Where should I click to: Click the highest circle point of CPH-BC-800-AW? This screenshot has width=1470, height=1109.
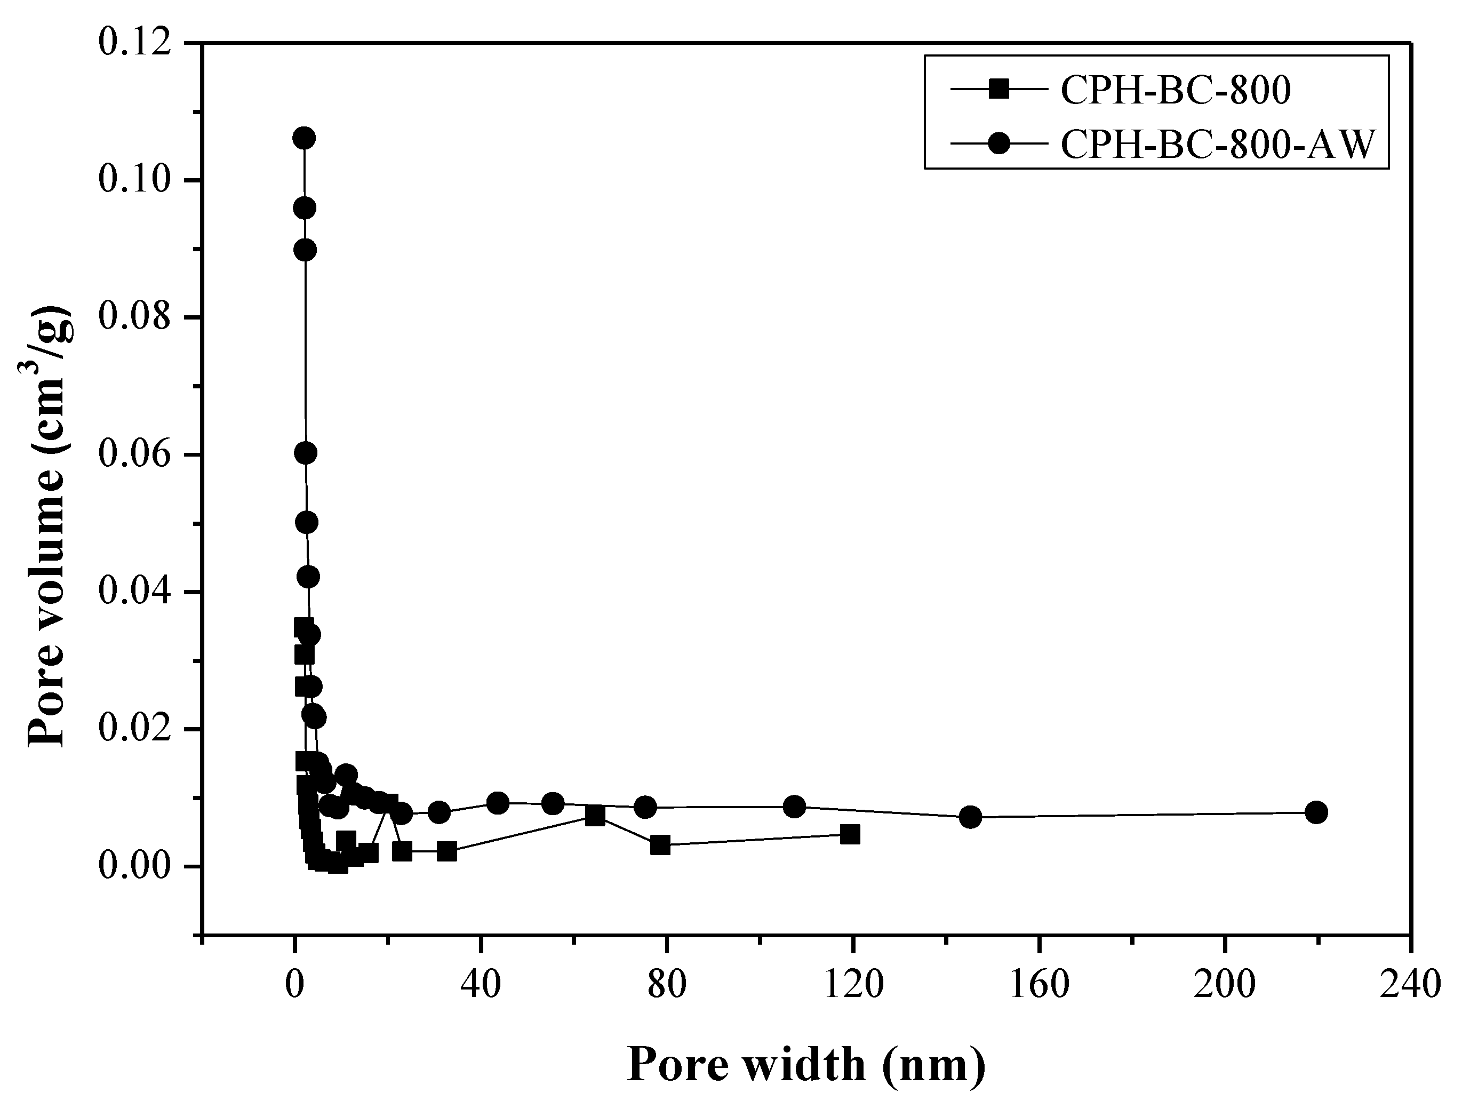[x=303, y=138]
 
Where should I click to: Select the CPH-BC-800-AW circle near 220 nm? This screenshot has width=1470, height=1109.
[x=1316, y=812]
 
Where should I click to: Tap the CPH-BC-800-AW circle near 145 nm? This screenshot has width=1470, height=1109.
[x=970, y=817]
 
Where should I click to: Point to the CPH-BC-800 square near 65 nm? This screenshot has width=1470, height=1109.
[x=595, y=816]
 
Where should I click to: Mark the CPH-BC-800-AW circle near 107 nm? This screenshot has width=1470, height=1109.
[x=794, y=807]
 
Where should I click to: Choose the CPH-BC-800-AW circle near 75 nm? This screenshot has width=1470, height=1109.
[x=645, y=807]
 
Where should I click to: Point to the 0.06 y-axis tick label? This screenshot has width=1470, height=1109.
[x=132, y=454]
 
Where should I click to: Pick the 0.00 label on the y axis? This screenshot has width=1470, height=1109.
[x=132, y=866]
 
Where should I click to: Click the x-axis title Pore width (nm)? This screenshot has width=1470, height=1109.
[x=806, y=1065]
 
